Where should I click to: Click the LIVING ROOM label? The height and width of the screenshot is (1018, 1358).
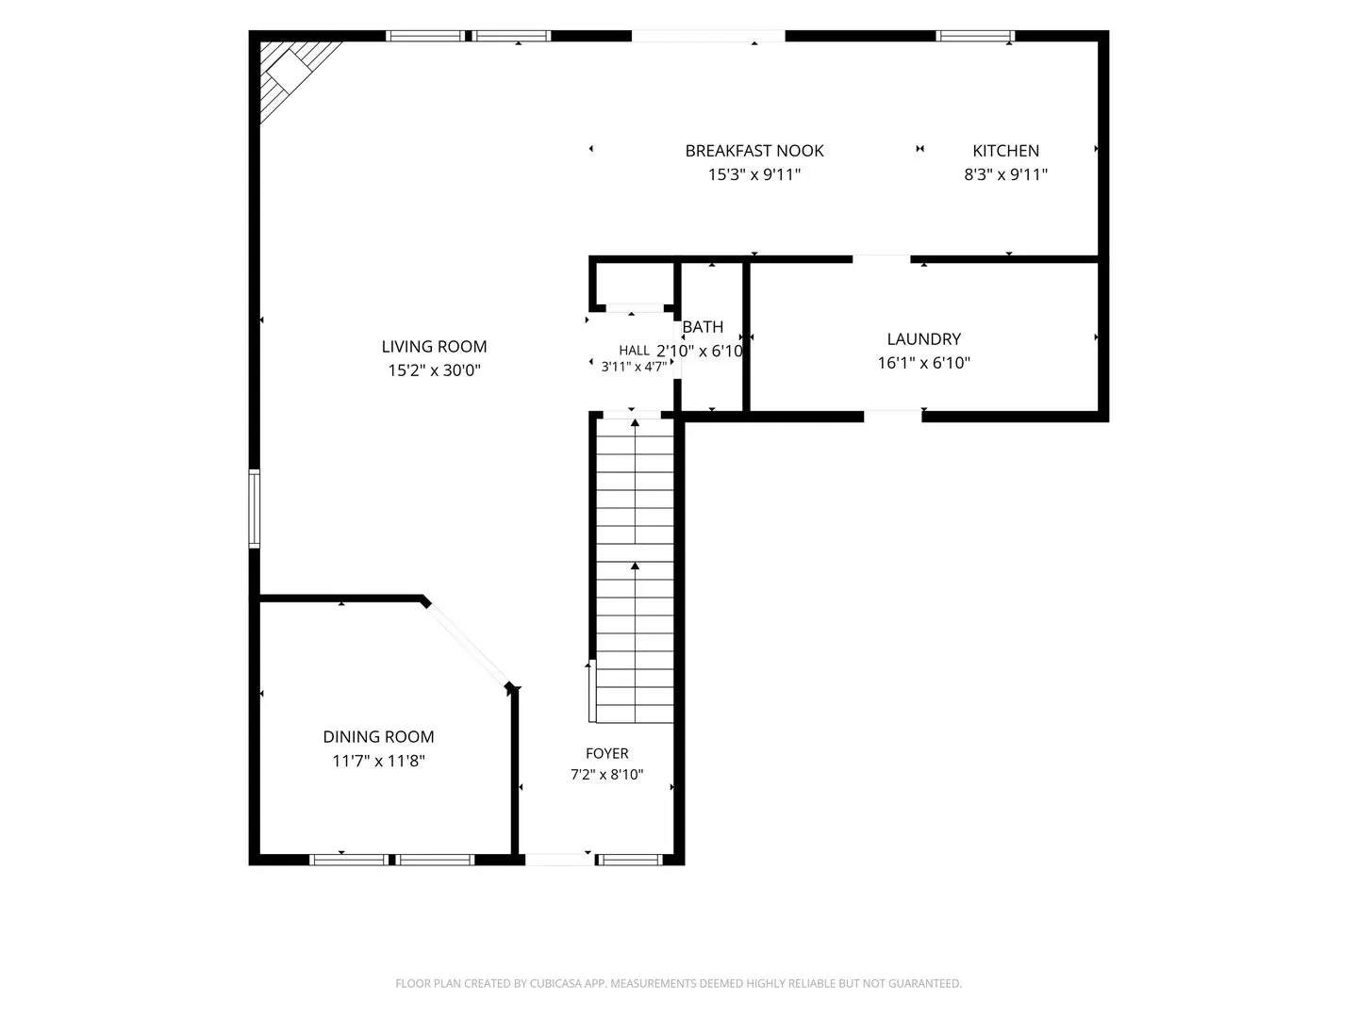coord(434,346)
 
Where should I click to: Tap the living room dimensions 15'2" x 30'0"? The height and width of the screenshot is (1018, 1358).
coord(434,370)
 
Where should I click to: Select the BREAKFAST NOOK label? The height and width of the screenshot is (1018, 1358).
coord(754,151)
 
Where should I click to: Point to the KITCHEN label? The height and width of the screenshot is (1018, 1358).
coord(1005,151)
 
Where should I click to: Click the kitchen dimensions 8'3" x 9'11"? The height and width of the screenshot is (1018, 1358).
coord(1005,174)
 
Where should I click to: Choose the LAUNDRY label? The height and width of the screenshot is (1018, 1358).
coord(923,338)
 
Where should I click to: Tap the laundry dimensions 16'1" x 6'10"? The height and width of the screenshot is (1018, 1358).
coord(923,363)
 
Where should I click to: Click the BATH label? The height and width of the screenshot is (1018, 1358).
coord(703,326)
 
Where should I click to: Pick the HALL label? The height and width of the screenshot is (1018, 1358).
coord(634,351)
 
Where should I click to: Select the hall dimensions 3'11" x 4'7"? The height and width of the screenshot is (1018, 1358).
coord(634,367)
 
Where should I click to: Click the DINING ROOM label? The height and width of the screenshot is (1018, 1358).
coord(378,737)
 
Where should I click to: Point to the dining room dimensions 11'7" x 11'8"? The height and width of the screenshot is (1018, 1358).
coord(378,761)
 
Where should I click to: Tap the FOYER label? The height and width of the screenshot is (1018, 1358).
coord(607,753)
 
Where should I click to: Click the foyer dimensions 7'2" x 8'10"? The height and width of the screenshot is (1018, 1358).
coord(607,775)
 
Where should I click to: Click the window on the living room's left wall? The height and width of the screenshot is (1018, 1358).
coord(255,509)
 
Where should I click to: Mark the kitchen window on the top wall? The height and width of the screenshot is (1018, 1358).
coord(975,36)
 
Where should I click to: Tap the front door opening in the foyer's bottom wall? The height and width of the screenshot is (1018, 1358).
coord(559,859)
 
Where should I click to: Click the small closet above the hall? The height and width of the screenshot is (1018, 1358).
coord(635,284)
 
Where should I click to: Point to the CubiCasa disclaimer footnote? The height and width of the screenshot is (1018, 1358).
coord(679,983)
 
